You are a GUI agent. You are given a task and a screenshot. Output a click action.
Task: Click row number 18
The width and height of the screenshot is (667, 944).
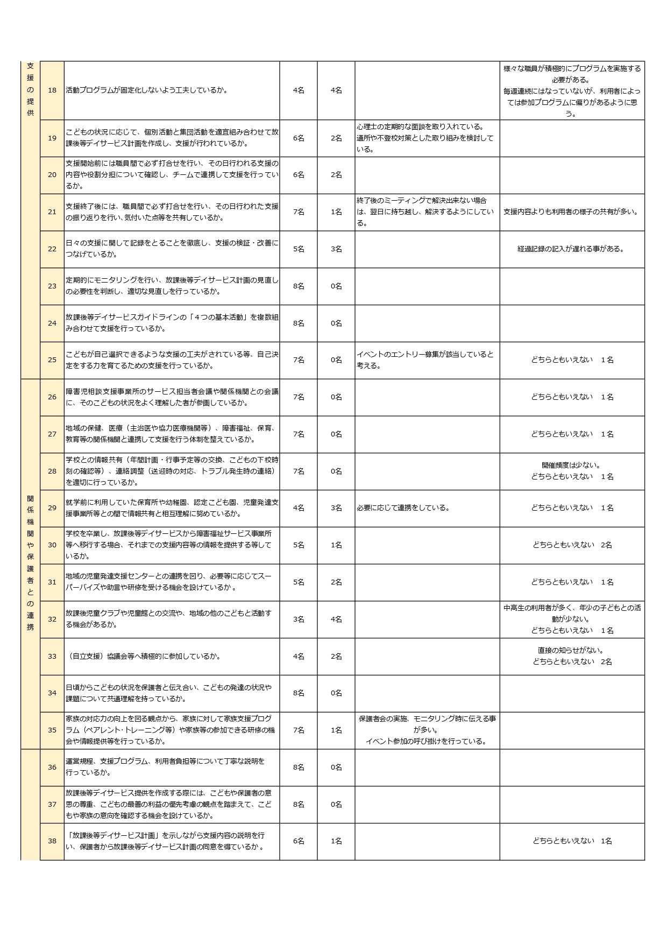click(x=52, y=90)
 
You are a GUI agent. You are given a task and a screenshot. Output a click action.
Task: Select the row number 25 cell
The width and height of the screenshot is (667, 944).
click(x=52, y=360)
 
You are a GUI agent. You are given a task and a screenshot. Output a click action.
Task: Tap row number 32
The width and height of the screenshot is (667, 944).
click(x=52, y=619)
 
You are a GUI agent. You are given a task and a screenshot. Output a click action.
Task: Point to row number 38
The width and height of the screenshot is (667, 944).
click(x=52, y=841)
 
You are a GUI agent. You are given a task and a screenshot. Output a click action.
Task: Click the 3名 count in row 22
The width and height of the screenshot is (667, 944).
click(x=336, y=249)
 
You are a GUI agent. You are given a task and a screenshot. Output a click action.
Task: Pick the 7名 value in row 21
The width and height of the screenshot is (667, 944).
click(x=299, y=212)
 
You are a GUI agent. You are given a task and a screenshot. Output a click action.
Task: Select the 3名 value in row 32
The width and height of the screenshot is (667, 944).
click(x=299, y=619)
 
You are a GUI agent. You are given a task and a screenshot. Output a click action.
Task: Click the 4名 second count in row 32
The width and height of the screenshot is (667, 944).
click(x=336, y=619)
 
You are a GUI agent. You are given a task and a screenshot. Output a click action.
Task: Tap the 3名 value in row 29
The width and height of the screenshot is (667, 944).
click(x=336, y=508)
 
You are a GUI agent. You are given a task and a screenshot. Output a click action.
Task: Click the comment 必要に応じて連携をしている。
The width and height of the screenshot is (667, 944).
click(x=403, y=508)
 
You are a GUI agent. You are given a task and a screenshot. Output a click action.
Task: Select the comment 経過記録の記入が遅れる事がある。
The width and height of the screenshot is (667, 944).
click(x=572, y=249)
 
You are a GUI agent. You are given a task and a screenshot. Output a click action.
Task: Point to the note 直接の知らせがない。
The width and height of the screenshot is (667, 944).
click(x=572, y=650)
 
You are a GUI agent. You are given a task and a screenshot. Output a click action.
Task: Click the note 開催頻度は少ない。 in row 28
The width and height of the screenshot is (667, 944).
click(x=572, y=465)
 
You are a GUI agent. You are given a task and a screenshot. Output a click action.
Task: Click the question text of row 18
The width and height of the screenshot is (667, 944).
click(x=146, y=90)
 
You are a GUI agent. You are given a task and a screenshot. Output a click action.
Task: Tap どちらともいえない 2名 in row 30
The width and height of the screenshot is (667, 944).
click(x=572, y=545)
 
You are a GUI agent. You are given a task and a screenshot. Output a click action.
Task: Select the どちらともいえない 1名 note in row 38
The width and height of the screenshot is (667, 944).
click(x=572, y=841)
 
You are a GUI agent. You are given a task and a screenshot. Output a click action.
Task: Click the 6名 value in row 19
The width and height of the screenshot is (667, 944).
click(x=299, y=138)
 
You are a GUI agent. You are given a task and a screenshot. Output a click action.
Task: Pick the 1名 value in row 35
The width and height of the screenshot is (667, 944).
click(x=336, y=730)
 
